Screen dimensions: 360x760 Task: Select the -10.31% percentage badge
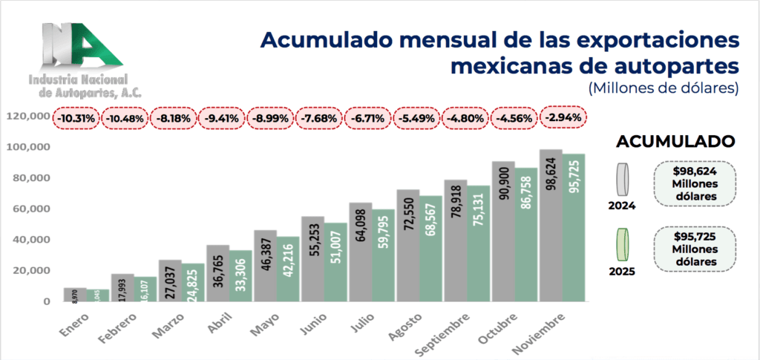(x=75, y=117)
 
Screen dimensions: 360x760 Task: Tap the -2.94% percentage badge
(x=563, y=117)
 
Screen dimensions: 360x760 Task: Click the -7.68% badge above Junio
(x=319, y=117)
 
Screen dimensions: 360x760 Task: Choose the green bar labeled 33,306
(x=240, y=275)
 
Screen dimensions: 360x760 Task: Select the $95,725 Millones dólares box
(x=694, y=248)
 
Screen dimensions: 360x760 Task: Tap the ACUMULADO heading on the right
(x=676, y=141)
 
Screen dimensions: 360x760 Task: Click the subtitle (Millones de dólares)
(x=664, y=88)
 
